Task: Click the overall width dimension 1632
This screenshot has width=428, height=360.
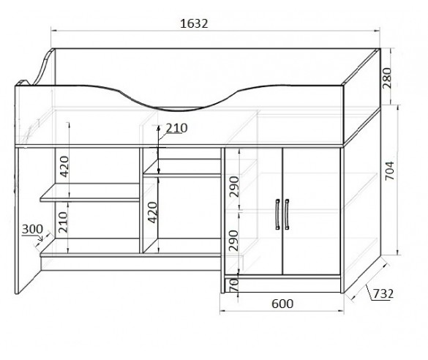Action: [x=194, y=23]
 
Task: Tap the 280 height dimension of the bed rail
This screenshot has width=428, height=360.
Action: [x=386, y=78]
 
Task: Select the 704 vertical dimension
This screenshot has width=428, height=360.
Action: [x=389, y=171]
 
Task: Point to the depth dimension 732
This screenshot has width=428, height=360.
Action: [x=383, y=293]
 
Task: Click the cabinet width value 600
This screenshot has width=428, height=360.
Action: [x=282, y=304]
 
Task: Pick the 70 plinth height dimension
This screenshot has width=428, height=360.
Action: [x=234, y=285]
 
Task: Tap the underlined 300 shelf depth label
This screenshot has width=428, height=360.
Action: [x=32, y=229]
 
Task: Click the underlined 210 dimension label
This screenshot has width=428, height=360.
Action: [x=176, y=128]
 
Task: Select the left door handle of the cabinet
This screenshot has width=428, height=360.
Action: [x=277, y=214]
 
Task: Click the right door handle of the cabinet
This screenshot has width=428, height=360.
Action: [x=287, y=214]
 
